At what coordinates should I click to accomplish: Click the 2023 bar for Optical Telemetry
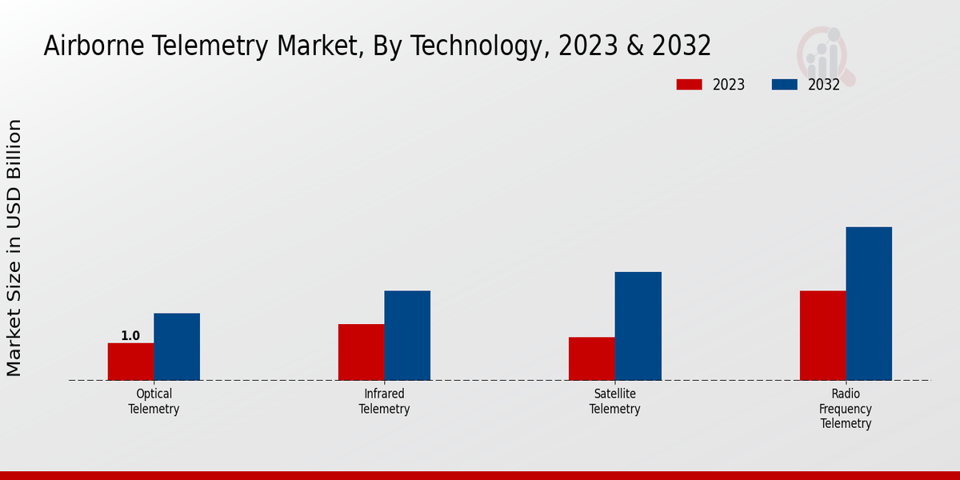pyautogui.click(x=130, y=362)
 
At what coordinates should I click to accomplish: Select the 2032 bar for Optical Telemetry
pyautogui.click(x=177, y=346)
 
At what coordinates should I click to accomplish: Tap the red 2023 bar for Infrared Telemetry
pyautogui.click(x=361, y=352)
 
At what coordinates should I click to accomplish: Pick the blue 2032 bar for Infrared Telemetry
pyautogui.click(x=407, y=335)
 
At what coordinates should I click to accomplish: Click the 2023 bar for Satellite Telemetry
pyautogui.click(x=591, y=358)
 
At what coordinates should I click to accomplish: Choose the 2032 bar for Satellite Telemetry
pyautogui.click(x=638, y=326)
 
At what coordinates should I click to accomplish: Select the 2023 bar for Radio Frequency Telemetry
pyautogui.click(x=822, y=335)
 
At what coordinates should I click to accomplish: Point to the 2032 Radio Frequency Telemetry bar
pyautogui.click(x=869, y=303)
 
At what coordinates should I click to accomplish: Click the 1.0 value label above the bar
pyautogui.click(x=130, y=336)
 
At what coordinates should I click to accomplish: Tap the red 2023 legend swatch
pyautogui.click(x=689, y=85)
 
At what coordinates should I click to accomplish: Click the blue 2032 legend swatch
pyautogui.click(x=785, y=85)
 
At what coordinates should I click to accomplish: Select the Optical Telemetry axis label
pyautogui.click(x=154, y=402)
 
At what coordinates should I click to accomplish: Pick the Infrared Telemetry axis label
pyautogui.click(x=384, y=402)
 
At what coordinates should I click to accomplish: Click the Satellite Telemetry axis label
pyautogui.click(x=614, y=402)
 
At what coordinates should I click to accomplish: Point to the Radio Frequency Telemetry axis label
pyautogui.click(x=846, y=409)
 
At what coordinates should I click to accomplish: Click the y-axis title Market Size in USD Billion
pyautogui.click(x=14, y=248)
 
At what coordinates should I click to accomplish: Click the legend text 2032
pyautogui.click(x=823, y=85)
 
